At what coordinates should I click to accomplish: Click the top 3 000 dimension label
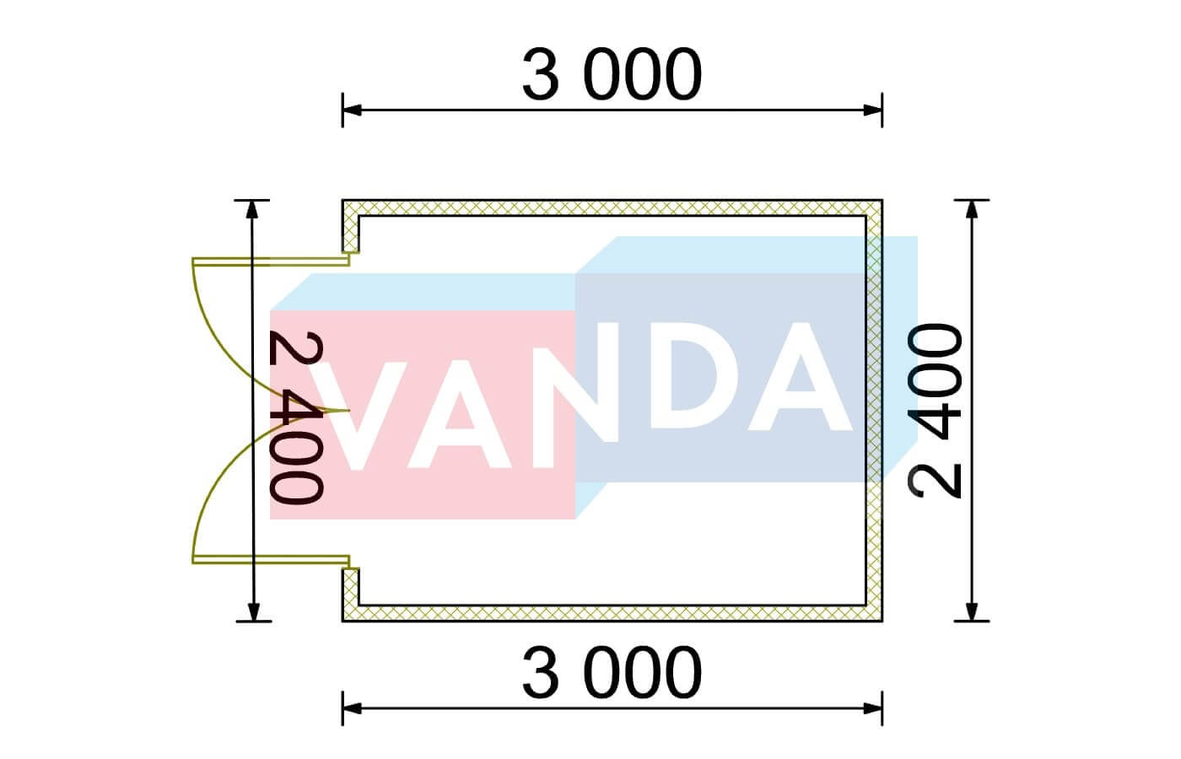click(612, 74)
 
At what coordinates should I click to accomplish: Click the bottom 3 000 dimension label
click(612, 673)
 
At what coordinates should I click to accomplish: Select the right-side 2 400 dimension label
click(935, 411)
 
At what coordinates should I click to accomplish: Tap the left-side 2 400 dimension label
click(295, 417)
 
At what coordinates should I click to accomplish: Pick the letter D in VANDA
click(684, 376)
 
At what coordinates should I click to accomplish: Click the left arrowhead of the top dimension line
click(353, 110)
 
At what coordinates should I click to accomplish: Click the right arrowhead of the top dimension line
click(872, 110)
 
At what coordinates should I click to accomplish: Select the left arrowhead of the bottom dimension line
click(353, 708)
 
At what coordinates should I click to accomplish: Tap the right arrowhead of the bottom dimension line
click(872, 708)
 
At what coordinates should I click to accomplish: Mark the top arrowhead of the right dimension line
click(972, 209)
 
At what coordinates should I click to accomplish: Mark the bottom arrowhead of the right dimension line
click(972, 612)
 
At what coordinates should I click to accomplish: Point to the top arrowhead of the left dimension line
click(252, 209)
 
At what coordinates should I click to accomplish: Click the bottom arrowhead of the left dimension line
click(254, 612)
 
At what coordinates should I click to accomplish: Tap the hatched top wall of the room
click(612, 207)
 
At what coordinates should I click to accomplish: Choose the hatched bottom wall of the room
click(612, 613)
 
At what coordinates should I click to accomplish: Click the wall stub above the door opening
click(351, 226)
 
